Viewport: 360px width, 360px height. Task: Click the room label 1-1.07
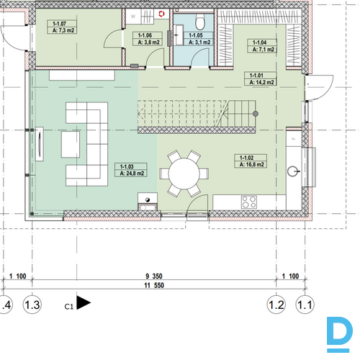click(x=59, y=24)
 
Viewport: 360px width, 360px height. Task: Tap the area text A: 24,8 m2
click(x=132, y=174)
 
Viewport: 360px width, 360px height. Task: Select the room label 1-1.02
click(x=246, y=158)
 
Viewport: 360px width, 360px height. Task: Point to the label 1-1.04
click(x=259, y=42)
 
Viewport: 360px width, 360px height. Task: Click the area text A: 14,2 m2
click(x=261, y=82)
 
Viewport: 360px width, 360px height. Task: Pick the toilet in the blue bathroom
click(x=199, y=22)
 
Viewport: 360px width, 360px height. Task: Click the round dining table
click(x=184, y=174)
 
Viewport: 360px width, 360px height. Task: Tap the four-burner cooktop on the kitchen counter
click(x=249, y=202)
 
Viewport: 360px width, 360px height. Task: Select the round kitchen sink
click(x=292, y=171)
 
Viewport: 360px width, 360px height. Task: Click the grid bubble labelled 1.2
click(x=276, y=305)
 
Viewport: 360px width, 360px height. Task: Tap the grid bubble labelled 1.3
click(x=32, y=305)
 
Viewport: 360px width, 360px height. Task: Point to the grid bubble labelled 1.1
click(x=305, y=305)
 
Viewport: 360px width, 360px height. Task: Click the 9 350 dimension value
click(x=154, y=276)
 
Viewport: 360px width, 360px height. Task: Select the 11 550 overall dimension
click(x=154, y=285)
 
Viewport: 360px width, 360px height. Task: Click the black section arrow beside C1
click(x=84, y=302)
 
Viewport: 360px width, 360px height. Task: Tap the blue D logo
click(x=339, y=334)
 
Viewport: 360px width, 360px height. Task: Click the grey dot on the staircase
click(x=256, y=114)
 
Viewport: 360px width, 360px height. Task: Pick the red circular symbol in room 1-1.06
click(x=162, y=14)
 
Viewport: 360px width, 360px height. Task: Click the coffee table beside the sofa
click(x=71, y=145)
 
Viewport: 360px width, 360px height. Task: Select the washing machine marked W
click(x=133, y=17)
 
